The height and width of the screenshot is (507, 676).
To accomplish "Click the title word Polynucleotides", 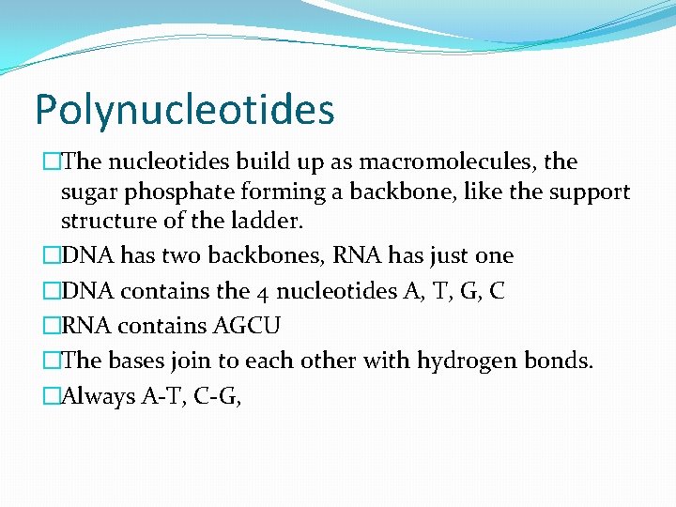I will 184,109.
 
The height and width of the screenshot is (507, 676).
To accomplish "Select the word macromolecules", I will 428,161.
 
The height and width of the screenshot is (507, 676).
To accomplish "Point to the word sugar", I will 87,192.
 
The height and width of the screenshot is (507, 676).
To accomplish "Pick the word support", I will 590,192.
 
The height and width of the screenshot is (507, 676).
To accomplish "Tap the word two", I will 165,255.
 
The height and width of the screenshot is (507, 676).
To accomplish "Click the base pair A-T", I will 163,397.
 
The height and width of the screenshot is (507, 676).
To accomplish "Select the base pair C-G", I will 221,397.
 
